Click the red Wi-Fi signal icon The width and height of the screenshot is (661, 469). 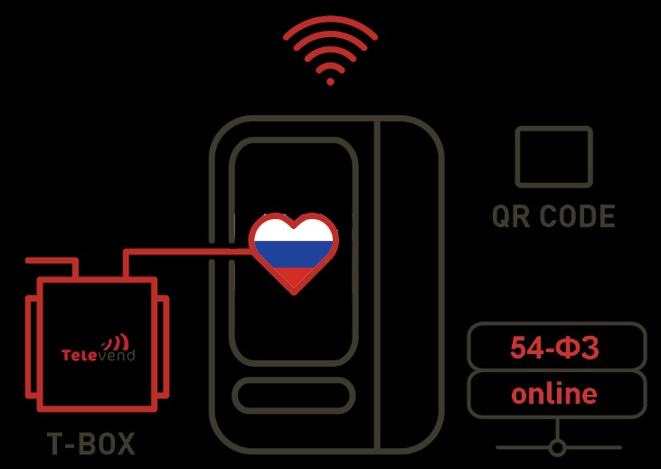[331, 50]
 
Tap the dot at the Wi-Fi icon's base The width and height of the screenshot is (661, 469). [331, 81]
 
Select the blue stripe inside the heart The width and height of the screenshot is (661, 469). [293, 254]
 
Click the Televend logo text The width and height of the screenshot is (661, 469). [99, 355]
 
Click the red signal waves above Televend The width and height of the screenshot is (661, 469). [116, 341]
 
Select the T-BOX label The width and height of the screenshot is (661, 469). [91, 444]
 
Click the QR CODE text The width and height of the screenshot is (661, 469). [553, 215]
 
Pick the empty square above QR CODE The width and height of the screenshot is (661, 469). [554, 157]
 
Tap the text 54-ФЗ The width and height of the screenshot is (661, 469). [554, 348]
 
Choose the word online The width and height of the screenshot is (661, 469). [554, 393]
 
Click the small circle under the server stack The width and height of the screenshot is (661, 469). [557, 447]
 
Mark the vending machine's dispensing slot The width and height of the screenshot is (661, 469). [293, 396]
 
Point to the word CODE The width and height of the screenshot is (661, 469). [577, 215]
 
